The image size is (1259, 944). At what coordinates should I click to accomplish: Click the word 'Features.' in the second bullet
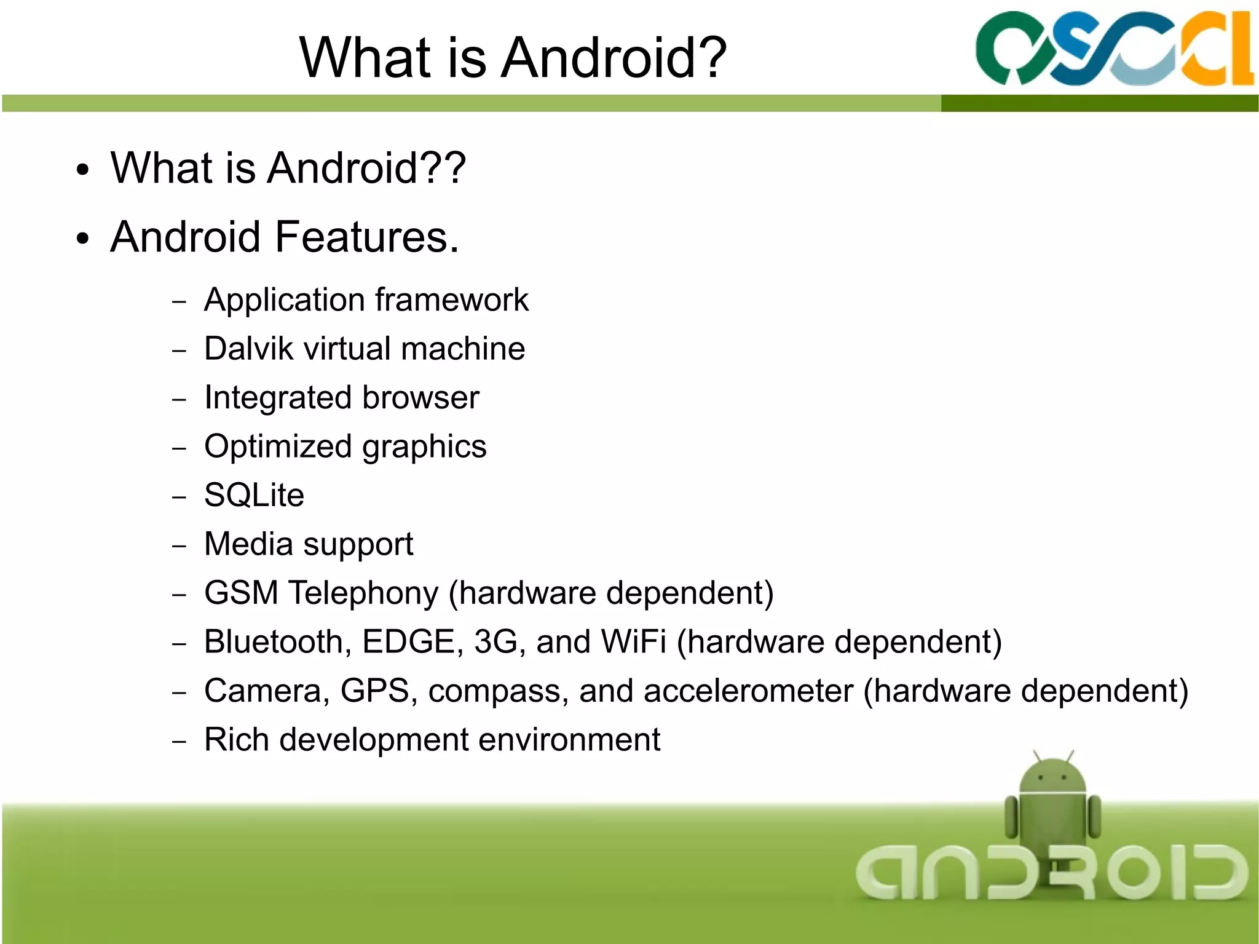(x=367, y=237)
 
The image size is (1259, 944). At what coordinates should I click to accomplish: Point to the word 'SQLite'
(x=254, y=495)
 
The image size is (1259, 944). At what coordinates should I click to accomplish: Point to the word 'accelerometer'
(x=748, y=691)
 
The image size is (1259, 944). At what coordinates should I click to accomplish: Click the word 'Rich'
(x=236, y=739)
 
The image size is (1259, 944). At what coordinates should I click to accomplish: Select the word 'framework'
(x=452, y=300)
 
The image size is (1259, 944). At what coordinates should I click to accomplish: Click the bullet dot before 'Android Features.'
(x=83, y=239)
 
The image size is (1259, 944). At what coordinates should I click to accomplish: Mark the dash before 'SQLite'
(x=179, y=496)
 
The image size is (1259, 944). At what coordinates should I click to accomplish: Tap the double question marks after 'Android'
(x=444, y=167)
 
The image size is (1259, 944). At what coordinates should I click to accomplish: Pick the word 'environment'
(x=569, y=739)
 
